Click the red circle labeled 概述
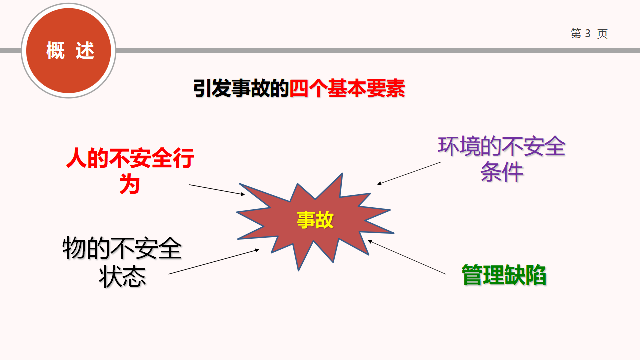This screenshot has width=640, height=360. [x=68, y=51]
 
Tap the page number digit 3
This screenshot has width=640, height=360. [x=587, y=33]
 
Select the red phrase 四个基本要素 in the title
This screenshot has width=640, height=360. [x=347, y=88]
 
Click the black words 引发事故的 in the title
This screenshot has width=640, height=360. [x=241, y=88]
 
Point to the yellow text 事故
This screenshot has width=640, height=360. [x=315, y=220]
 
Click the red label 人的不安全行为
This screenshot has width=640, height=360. [x=130, y=171]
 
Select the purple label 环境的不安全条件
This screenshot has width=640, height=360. [x=502, y=159]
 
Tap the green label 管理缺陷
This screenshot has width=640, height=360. [x=504, y=275]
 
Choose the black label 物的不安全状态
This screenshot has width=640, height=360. [x=122, y=262]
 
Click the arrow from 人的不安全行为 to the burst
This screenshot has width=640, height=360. [x=217, y=190]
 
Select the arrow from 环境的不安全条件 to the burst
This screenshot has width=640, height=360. [x=409, y=173]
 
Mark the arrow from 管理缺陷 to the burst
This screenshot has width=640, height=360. [x=407, y=257]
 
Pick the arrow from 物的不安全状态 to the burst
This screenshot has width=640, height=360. [x=214, y=261]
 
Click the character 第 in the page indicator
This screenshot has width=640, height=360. [x=576, y=33]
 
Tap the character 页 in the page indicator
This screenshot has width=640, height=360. [x=602, y=34]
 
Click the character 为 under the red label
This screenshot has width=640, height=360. [x=129, y=184]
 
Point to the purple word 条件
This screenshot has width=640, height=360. [x=502, y=172]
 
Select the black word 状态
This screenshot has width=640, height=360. [x=122, y=276]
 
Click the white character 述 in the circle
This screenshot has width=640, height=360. [x=85, y=50]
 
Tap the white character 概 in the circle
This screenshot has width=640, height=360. [x=55, y=50]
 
